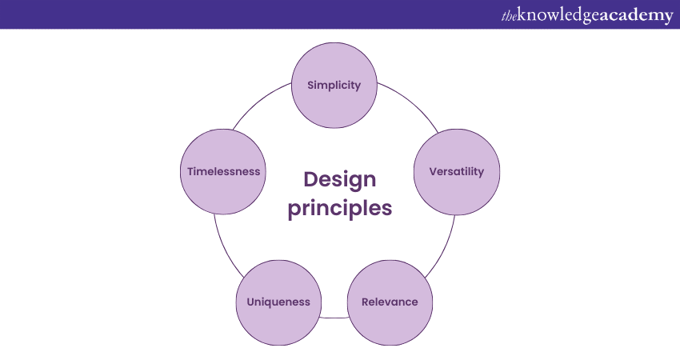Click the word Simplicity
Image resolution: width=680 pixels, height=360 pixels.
pos(334,85)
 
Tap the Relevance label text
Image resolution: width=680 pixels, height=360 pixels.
pos(390,302)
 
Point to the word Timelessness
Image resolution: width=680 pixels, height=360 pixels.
pos(223,171)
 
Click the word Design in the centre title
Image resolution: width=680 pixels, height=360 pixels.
pos(339,178)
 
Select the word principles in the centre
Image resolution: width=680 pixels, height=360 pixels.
pos(340,208)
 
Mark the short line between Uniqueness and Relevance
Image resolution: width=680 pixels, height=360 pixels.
pos(334,318)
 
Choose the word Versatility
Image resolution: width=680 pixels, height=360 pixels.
pos(456,171)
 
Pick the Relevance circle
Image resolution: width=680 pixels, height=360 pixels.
pos(390,320)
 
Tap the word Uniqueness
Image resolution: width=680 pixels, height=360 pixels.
pos(278,302)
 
